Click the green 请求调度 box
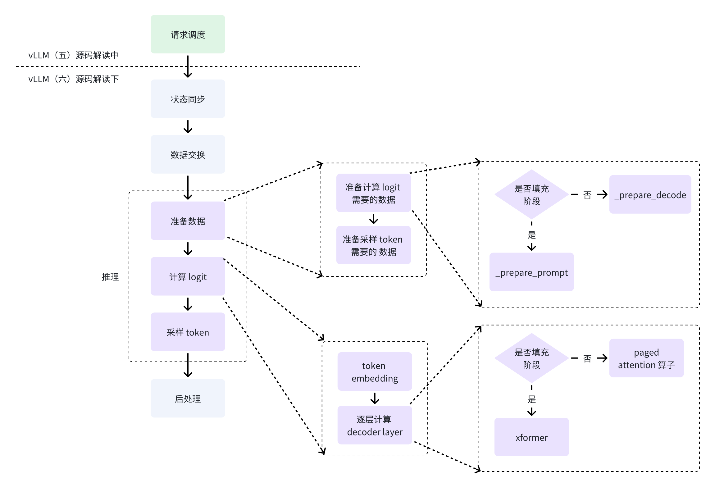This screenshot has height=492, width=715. point(188,34)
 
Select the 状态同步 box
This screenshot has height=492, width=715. point(188,99)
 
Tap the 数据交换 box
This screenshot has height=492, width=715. point(188,154)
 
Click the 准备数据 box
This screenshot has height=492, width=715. point(188,221)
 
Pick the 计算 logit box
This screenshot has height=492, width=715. point(188,276)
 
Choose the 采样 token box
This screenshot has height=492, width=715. point(188,332)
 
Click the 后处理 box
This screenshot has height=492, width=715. point(188,399)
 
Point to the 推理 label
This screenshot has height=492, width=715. point(110,277)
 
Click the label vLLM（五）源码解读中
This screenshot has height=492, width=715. point(74,55)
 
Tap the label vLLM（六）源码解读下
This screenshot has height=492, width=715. point(74,79)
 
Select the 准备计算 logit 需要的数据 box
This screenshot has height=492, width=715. point(373,193)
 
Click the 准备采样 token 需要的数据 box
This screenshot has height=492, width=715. point(373,245)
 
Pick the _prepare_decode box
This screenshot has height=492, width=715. point(650,194)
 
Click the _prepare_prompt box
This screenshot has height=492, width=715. point(531,272)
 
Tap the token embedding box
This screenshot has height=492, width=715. point(375,371)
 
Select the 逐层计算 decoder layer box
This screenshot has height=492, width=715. point(375,425)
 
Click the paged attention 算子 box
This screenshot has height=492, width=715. point(646,358)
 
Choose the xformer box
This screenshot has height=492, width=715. point(531,437)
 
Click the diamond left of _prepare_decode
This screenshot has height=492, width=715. point(531,194)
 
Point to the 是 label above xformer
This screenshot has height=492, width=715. point(531,399)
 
